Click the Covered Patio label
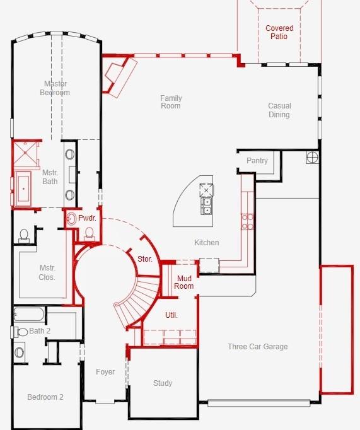tap(279, 33)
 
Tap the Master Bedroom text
tap(56, 88)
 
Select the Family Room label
tap(170, 102)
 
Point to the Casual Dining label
tap(279, 110)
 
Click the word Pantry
tap(257, 161)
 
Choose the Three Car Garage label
tap(257, 347)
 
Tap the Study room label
tap(163, 383)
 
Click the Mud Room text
tap(184, 282)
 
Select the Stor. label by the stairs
tap(144, 259)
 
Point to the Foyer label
tap(105, 372)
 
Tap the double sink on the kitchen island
tap(206, 206)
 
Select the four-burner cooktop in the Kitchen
tap(248, 221)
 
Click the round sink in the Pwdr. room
tap(71, 219)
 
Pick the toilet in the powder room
tap(89, 234)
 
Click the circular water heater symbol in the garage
tap(313, 157)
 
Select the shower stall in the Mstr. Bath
tap(26, 152)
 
